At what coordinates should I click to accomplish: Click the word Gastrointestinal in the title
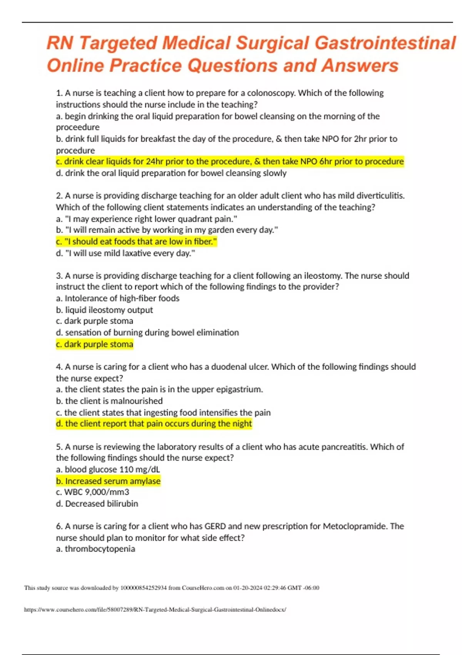click(385, 43)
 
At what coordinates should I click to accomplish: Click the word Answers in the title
click(360, 65)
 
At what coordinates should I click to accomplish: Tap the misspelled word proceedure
click(78, 127)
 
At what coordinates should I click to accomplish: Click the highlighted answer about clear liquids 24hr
click(230, 161)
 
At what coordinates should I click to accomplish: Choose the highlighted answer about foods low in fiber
click(137, 242)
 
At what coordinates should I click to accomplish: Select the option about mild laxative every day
click(126, 253)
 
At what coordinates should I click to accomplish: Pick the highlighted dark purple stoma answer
click(95, 344)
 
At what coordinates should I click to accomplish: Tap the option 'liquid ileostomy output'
click(104, 310)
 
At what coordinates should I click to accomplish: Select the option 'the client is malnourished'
click(109, 401)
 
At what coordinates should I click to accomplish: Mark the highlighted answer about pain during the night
click(154, 423)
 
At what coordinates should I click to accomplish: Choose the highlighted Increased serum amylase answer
click(108, 481)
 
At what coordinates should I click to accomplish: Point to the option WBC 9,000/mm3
click(92, 492)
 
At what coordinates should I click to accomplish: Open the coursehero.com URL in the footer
click(155, 610)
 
